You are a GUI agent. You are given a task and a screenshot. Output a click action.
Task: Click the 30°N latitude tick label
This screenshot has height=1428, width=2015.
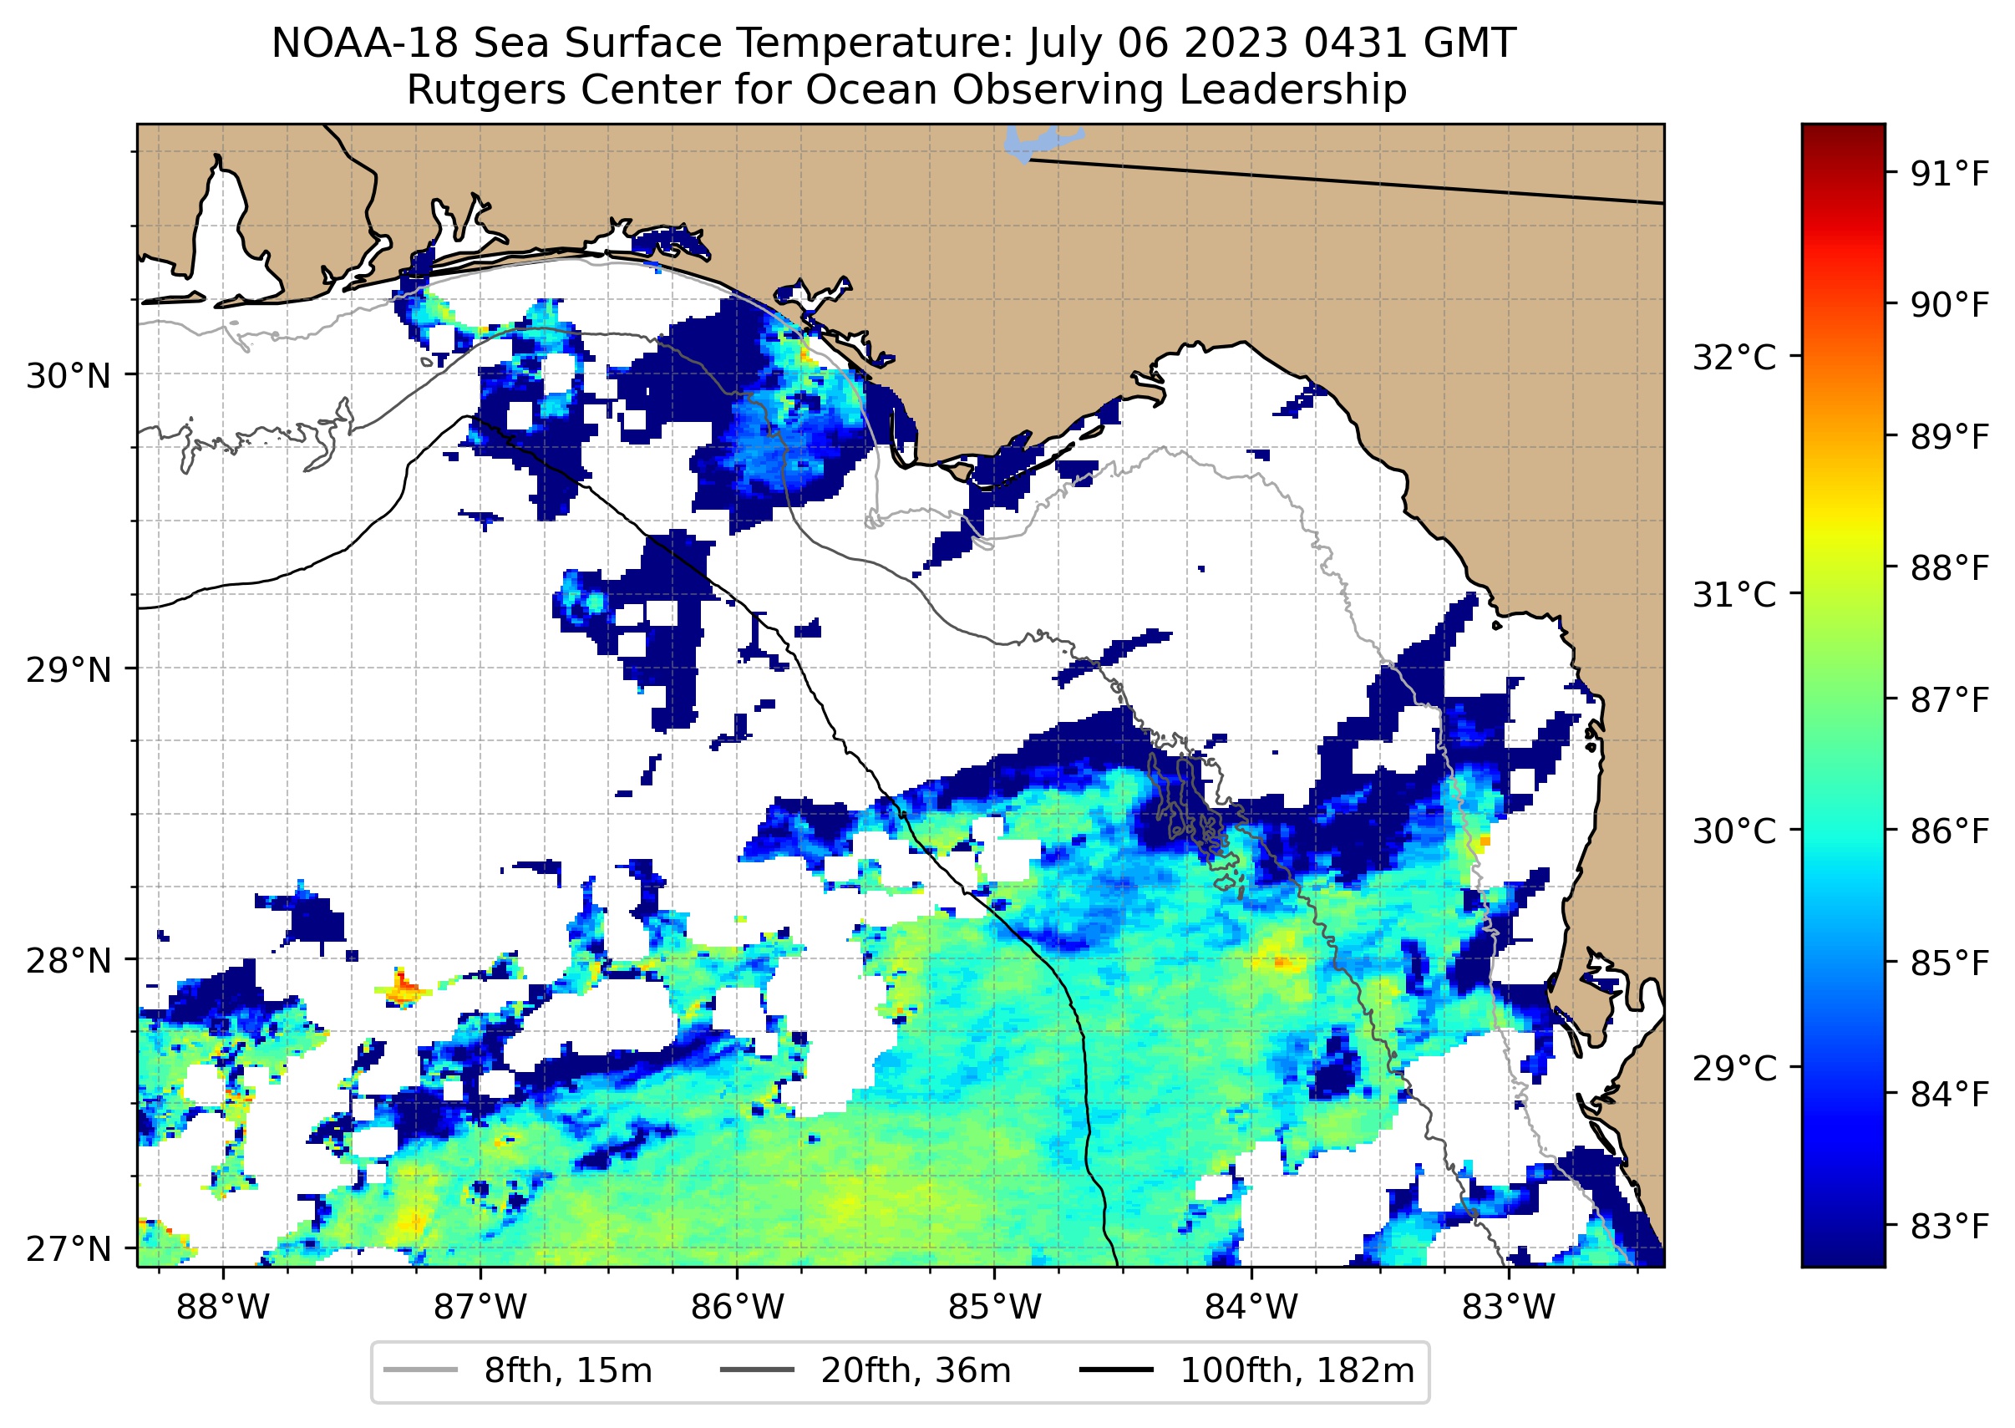[x=69, y=376]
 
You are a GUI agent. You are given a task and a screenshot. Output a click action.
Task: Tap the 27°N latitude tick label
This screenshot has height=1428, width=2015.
[x=69, y=1248]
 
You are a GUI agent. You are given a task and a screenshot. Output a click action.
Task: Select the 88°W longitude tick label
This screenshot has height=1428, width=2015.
[x=223, y=1308]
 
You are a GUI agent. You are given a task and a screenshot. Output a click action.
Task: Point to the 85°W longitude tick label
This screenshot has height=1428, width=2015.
[x=994, y=1308]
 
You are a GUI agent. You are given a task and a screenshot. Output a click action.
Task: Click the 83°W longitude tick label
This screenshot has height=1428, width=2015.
[x=1509, y=1308]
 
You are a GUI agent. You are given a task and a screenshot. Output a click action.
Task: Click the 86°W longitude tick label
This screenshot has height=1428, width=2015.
[x=738, y=1308]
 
